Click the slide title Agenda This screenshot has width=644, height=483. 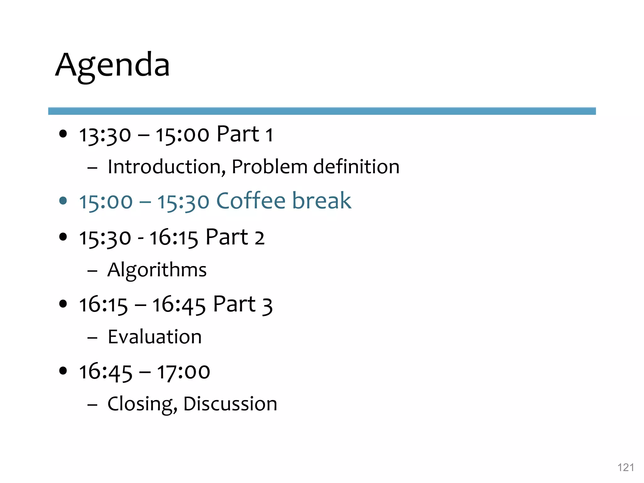(113, 65)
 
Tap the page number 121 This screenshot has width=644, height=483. (625, 468)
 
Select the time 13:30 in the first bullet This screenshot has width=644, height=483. (105, 135)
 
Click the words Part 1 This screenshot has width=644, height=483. (245, 134)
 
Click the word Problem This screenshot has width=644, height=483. (269, 167)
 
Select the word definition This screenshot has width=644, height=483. (356, 167)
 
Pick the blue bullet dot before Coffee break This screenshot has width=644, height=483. (63, 201)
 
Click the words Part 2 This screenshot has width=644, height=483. (235, 237)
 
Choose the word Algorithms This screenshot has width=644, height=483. (157, 270)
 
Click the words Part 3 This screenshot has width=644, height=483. (242, 304)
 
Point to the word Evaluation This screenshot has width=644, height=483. (154, 337)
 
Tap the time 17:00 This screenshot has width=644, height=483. (183, 372)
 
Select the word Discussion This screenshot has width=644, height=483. (230, 404)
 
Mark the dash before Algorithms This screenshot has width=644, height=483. (92, 270)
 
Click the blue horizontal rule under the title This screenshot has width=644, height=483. (322, 111)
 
